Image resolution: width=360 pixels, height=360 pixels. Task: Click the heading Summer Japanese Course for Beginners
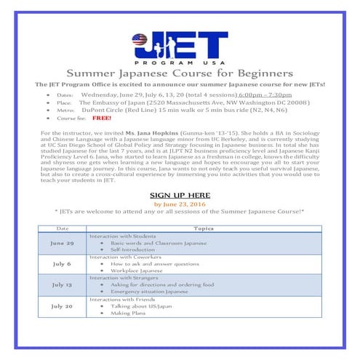tap(180, 73)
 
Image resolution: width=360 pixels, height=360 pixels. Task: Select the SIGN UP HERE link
tap(180, 196)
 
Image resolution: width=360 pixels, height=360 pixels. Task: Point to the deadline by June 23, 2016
tap(180, 204)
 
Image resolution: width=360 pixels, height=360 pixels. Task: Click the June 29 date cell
tap(62, 242)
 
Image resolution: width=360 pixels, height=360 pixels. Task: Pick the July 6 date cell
tap(62, 264)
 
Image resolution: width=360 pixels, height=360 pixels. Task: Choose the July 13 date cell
tap(62, 285)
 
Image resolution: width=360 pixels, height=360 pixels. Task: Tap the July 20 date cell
tap(62, 306)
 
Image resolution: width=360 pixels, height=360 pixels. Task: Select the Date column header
tap(62, 228)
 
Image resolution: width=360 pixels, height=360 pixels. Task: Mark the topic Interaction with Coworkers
tap(121, 257)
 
